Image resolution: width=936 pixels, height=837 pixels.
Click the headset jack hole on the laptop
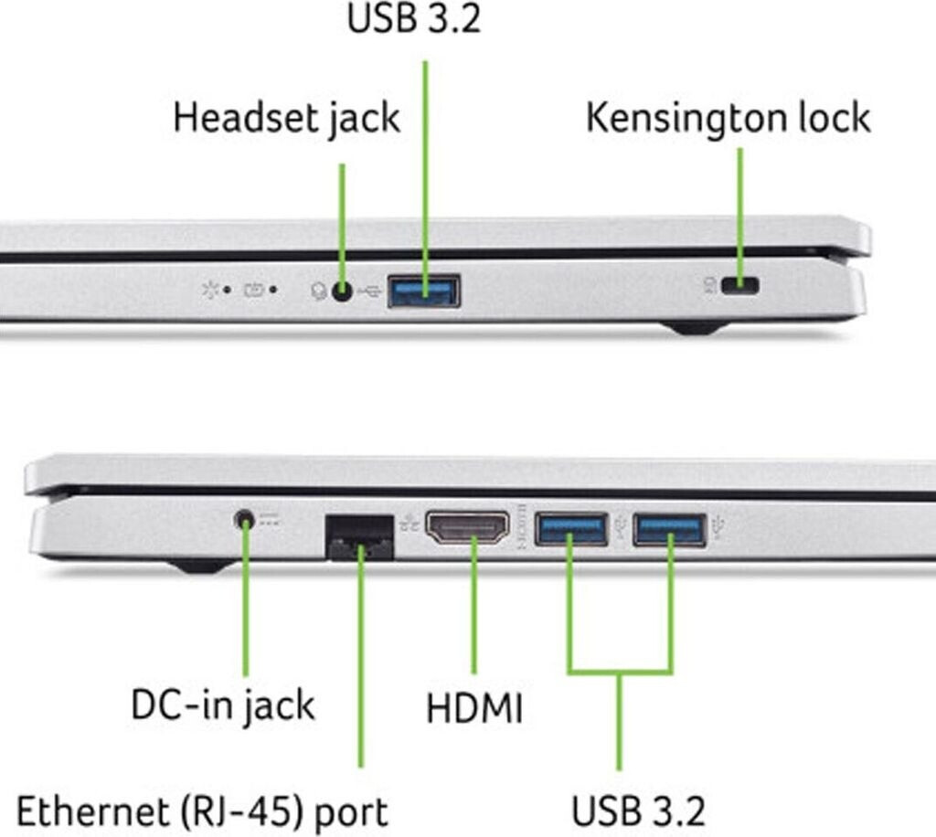(x=342, y=291)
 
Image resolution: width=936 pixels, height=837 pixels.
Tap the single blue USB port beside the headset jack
(x=424, y=291)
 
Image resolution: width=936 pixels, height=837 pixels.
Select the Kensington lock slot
(x=739, y=286)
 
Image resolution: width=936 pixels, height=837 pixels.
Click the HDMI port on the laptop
(x=467, y=528)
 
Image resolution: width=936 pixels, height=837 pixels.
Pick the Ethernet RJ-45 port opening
(x=359, y=537)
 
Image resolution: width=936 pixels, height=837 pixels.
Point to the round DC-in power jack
(x=244, y=520)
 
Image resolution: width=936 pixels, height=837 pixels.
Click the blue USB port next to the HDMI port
(x=571, y=529)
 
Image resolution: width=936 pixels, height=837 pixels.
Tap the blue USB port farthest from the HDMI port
(x=670, y=529)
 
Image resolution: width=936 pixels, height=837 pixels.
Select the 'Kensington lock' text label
(x=729, y=119)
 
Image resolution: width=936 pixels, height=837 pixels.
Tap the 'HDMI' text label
(x=474, y=708)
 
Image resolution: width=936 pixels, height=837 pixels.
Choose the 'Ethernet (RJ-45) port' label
(x=202, y=812)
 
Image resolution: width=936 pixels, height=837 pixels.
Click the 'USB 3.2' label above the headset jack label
(x=414, y=18)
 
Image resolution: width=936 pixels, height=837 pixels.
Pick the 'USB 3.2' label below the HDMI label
(x=638, y=811)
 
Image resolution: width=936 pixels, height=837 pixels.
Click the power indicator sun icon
(x=210, y=290)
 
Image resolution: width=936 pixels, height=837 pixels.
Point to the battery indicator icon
(x=254, y=290)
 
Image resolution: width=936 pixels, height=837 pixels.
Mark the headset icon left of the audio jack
(x=319, y=291)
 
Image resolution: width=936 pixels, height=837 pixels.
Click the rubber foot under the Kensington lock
(x=696, y=327)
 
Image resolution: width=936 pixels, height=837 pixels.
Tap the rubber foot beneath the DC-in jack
(x=200, y=566)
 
